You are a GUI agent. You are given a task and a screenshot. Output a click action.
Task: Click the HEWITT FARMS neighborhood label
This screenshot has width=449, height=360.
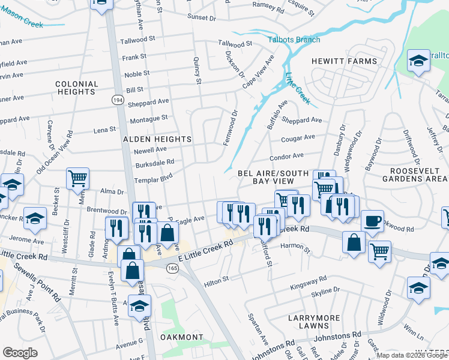click(x=344, y=61)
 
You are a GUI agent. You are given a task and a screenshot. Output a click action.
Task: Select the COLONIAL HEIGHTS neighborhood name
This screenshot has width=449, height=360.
click(x=76, y=88)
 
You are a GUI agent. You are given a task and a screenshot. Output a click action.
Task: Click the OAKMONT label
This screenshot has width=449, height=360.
click(x=182, y=337)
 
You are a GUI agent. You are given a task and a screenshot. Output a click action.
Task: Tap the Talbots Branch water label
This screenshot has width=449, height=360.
click(x=294, y=40)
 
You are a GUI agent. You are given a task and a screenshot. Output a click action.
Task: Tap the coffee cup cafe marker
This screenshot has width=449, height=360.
click(x=373, y=220)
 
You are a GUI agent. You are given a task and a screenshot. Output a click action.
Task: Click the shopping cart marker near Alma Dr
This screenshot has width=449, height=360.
click(x=77, y=178)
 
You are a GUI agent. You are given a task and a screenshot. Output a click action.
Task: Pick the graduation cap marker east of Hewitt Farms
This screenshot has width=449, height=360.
click(x=418, y=60)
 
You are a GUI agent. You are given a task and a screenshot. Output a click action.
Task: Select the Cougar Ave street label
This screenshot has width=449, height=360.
click(x=298, y=137)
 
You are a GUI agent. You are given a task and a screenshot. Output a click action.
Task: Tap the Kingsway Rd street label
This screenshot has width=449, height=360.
click(x=307, y=280)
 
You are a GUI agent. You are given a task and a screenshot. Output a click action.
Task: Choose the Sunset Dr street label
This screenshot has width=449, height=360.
click(x=201, y=18)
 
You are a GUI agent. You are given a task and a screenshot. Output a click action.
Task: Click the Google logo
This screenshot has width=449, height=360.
click(x=20, y=353)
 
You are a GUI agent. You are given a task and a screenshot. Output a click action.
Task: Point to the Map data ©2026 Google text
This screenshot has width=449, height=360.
click(x=411, y=355)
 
